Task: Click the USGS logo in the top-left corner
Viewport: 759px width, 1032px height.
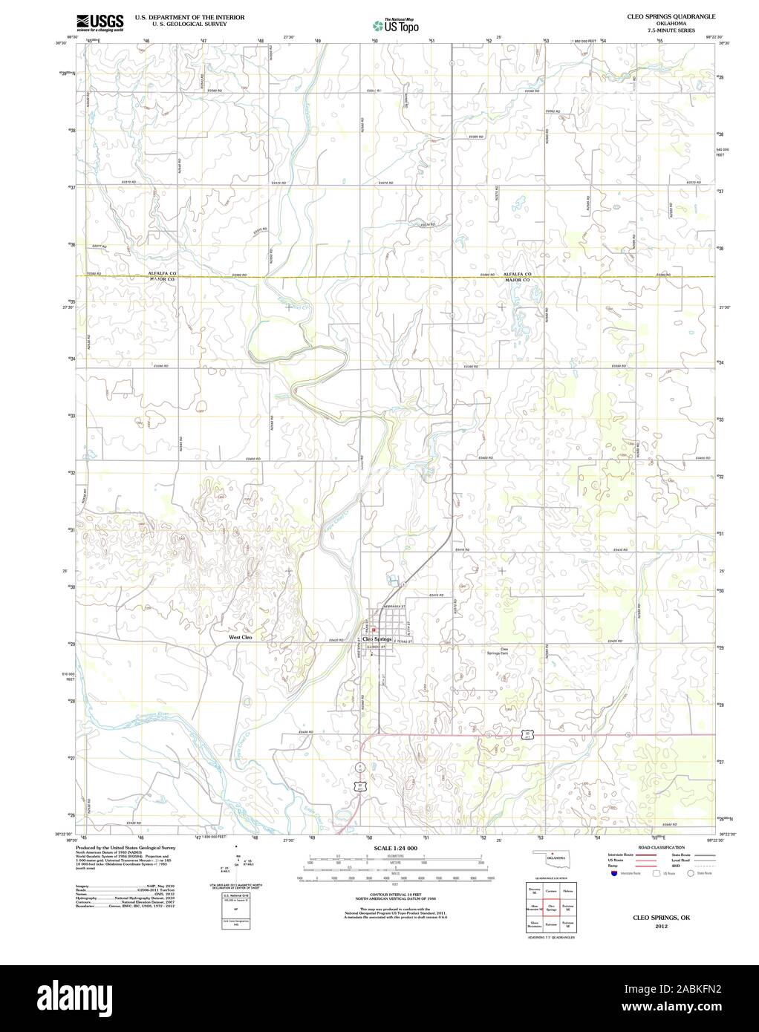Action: (x=99, y=22)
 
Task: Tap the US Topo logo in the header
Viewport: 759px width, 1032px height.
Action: (x=396, y=25)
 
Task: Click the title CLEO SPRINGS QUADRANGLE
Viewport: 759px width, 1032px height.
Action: (x=671, y=16)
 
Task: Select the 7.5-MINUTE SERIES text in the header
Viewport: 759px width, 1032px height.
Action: (x=671, y=30)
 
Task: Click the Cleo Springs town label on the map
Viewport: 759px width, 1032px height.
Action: (x=377, y=639)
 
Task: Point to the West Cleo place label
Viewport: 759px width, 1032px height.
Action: (x=241, y=637)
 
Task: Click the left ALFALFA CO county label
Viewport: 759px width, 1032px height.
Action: (x=162, y=273)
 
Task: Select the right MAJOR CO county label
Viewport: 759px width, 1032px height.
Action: (x=517, y=281)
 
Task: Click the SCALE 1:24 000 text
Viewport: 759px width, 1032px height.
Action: (x=396, y=848)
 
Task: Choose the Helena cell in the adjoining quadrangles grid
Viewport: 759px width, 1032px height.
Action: (x=568, y=890)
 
